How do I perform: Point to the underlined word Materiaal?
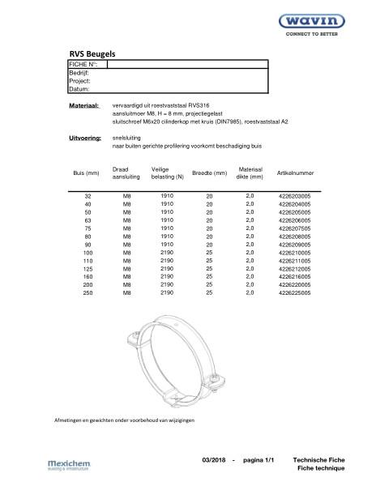coord(84,106)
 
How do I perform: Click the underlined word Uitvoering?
coord(85,139)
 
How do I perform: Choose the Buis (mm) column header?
coord(86,173)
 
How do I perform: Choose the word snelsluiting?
coord(127,139)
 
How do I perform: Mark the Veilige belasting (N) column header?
coord(168,173)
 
